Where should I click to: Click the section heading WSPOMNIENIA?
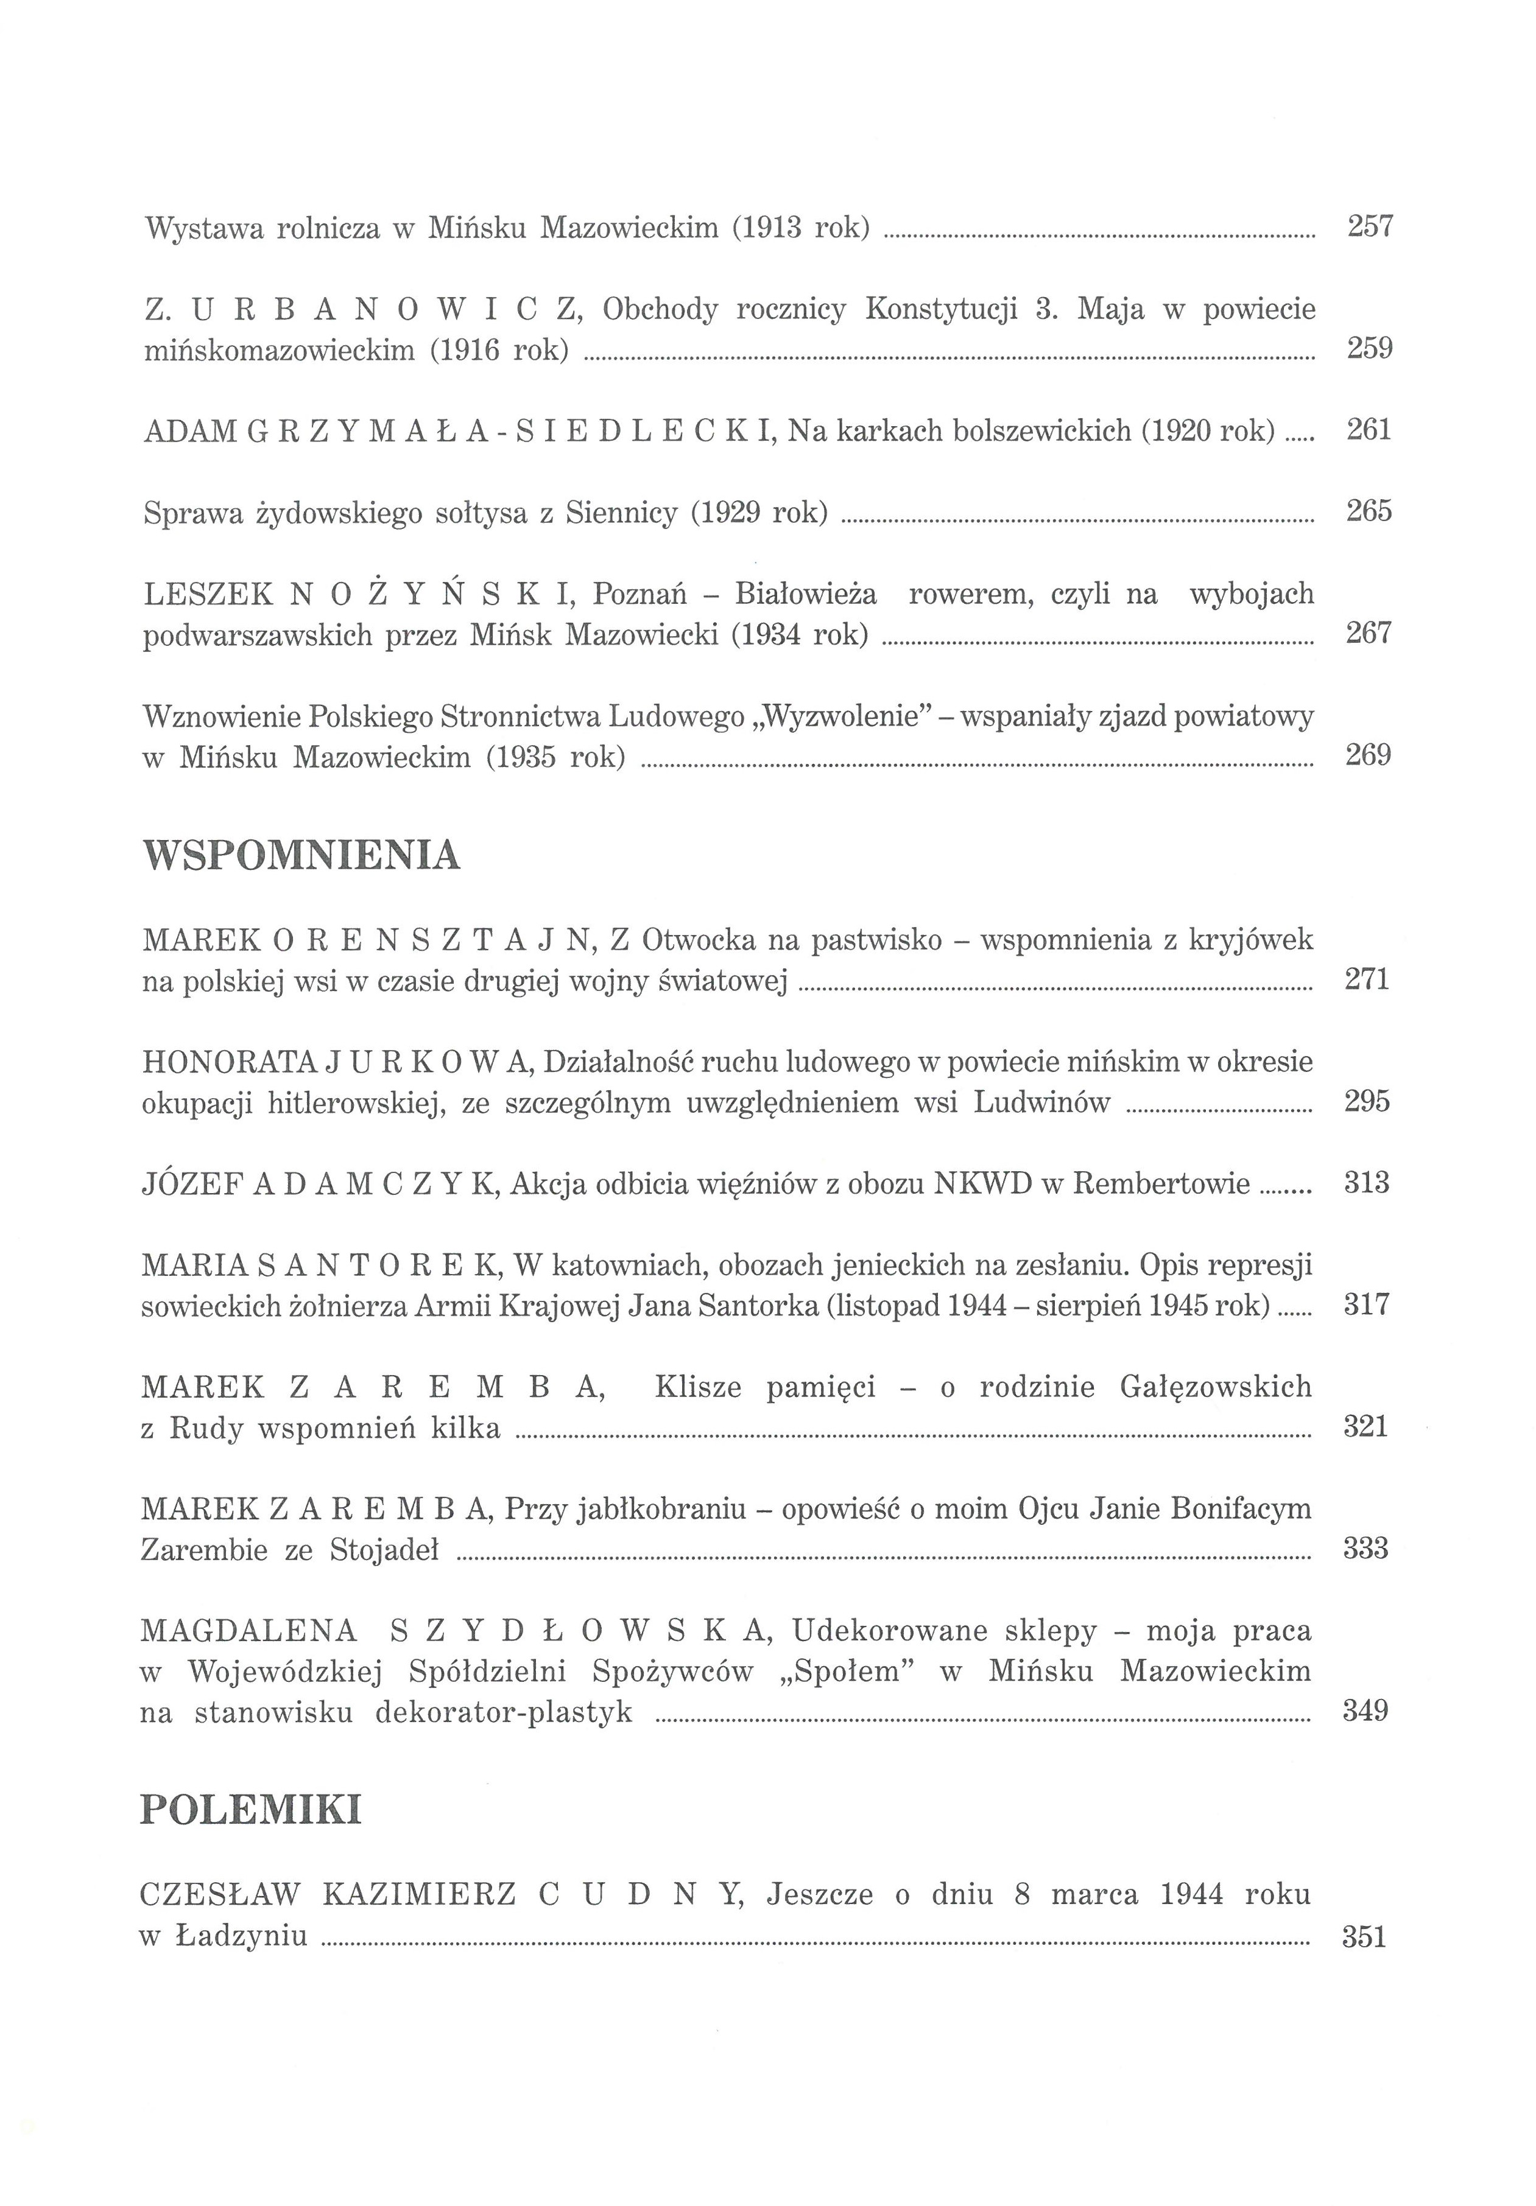[301, 854]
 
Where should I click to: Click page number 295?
[1367, 1101]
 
